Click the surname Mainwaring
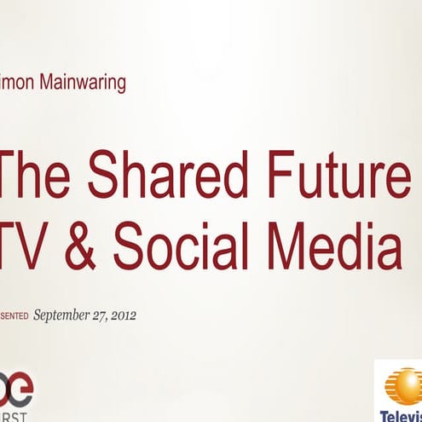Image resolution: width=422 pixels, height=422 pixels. (83, 84)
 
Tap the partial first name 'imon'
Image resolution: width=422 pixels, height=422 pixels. (18, 84)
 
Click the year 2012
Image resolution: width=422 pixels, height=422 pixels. (126, 315)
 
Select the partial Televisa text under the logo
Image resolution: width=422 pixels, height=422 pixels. (401, 414)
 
